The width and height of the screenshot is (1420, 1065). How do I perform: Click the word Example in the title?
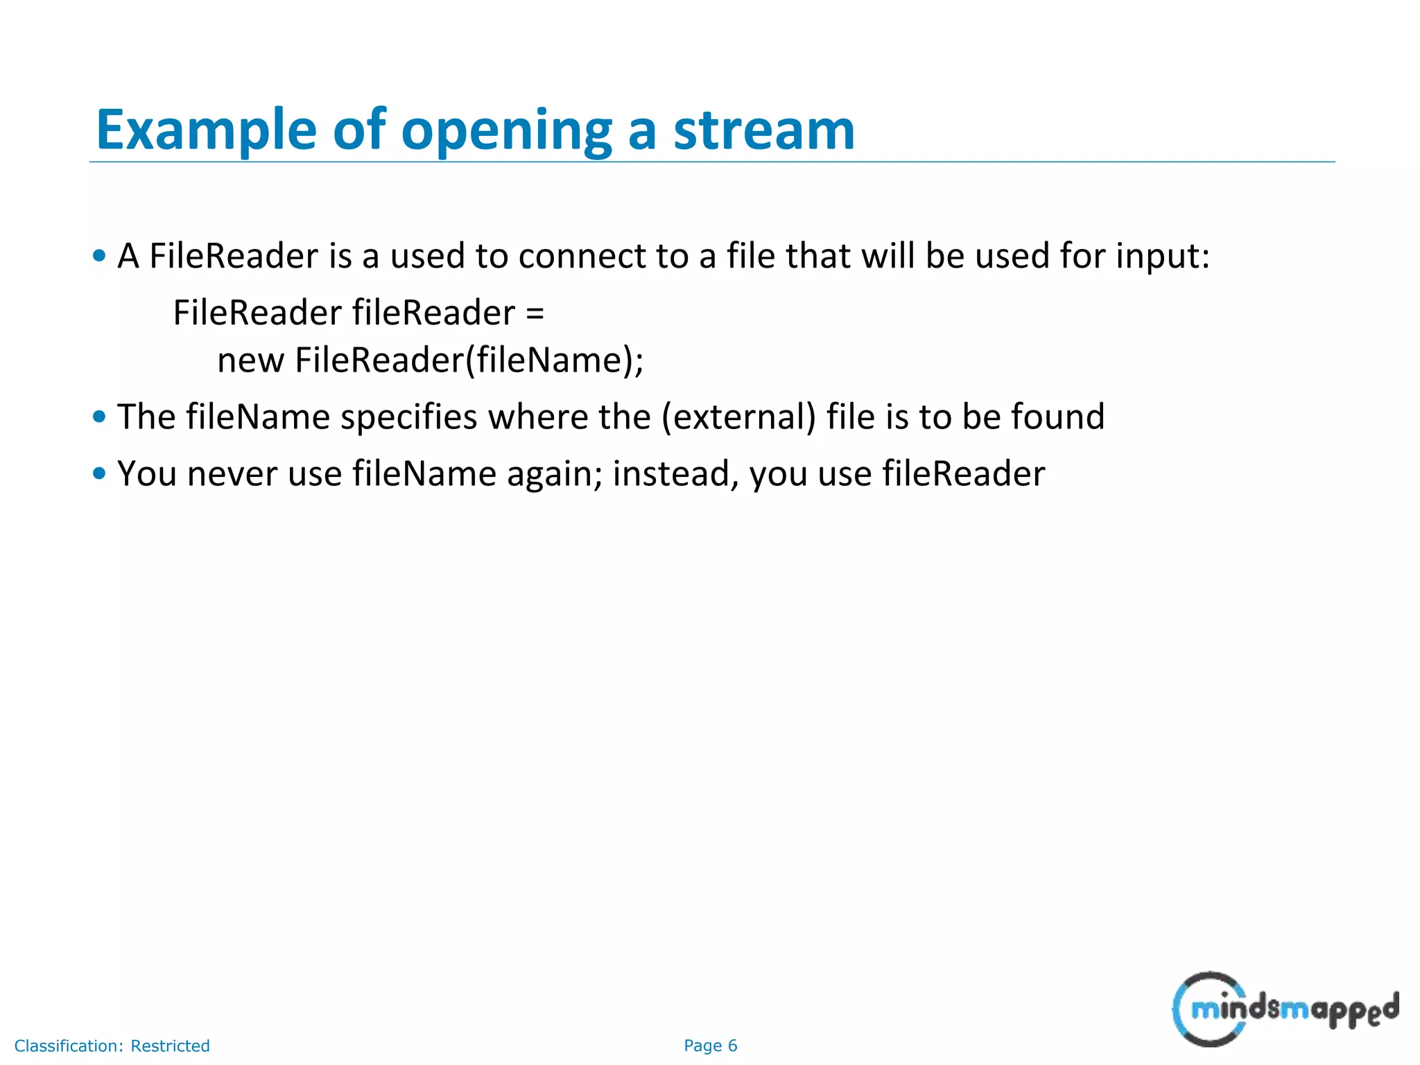[x=206, y=130]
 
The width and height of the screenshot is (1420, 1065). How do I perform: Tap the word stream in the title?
[x=764, y=130]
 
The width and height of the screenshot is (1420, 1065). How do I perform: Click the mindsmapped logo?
[x=1284, y=1009]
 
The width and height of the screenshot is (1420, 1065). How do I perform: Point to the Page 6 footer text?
[x=710, y=1046]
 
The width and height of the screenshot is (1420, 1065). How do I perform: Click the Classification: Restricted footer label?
[x=112, y=1046]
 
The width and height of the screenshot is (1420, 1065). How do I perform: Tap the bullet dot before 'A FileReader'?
[x=99, y=256]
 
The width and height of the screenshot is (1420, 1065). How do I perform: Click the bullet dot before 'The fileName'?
[x=99, y=417]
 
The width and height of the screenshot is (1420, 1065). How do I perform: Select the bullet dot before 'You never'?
[x=99, y=474]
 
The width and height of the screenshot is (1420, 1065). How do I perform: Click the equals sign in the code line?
[x=535, y=313]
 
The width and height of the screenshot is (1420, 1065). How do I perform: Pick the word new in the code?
[x=250, y=361]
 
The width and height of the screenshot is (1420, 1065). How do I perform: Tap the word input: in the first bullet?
[x=1163, y=257]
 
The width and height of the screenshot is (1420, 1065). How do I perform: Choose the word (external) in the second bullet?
[x=738, y=417]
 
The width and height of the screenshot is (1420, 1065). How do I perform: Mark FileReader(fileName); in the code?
[x=469, y=361]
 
